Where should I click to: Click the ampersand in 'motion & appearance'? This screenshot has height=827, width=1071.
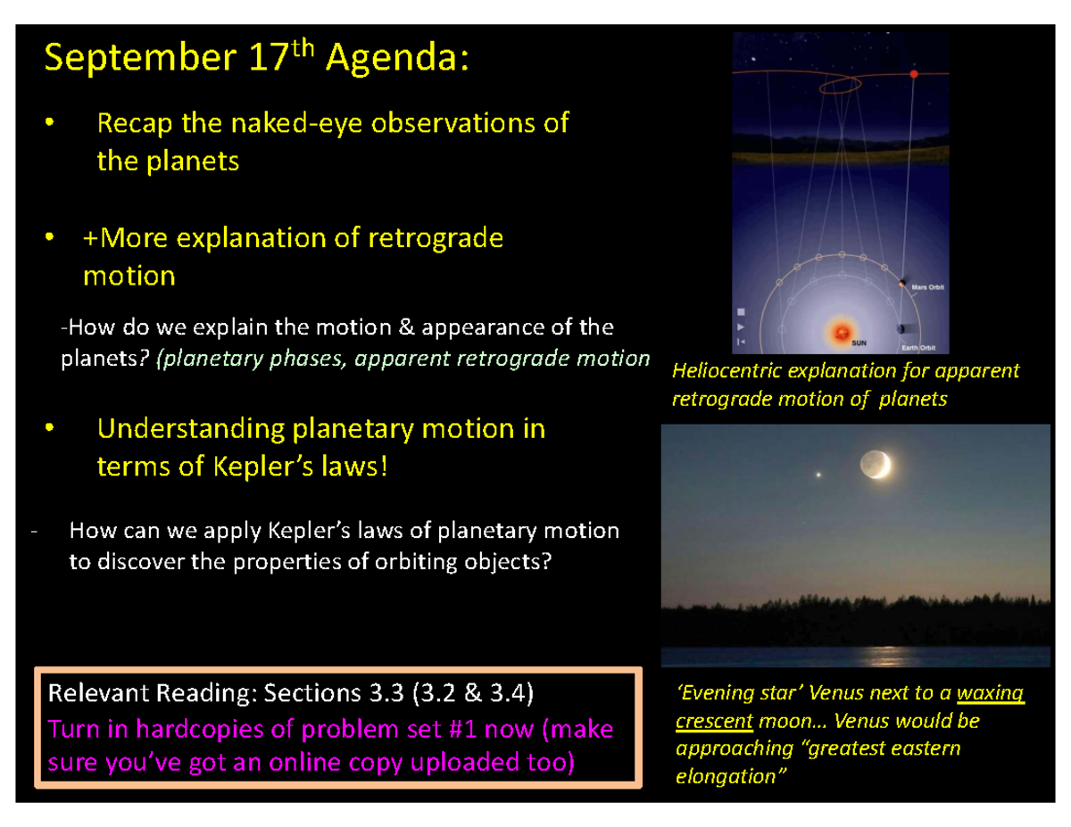(x=408, y=327)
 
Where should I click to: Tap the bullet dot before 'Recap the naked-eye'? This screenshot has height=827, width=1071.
(x=50, y=123)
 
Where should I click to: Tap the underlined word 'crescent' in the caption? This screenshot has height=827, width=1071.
(x=714, y=719)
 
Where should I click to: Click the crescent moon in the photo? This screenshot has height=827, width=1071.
(x=875, y=464)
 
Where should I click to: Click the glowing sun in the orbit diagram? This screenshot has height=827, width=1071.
(x=839, y=333)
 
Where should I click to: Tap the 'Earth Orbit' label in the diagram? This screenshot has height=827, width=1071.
(x=926, y=347)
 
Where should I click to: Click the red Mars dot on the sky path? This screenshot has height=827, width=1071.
(x=913, y=74)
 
